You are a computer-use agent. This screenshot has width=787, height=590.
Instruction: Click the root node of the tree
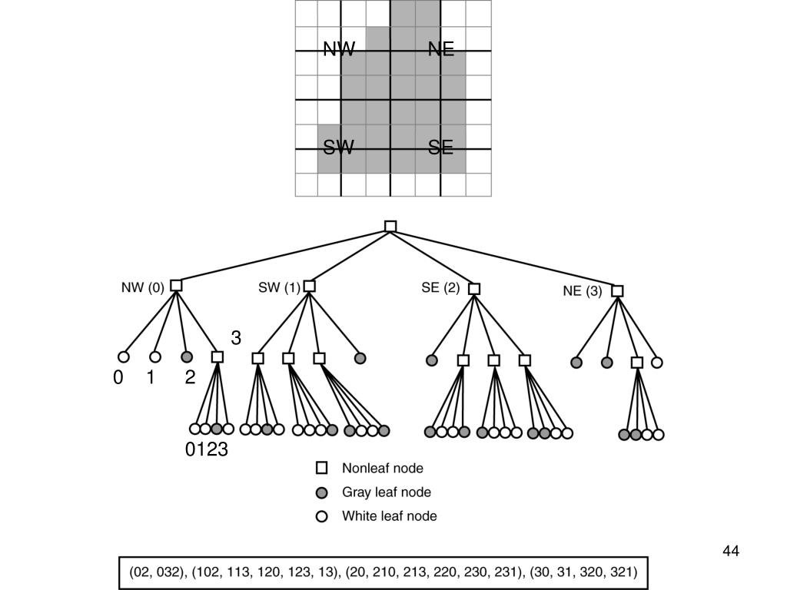(390, 227)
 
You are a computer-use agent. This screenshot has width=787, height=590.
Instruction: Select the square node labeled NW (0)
(176, 286)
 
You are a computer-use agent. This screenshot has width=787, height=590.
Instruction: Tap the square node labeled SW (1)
(309, 287)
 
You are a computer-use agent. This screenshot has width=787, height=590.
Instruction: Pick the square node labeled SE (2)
(474, 289)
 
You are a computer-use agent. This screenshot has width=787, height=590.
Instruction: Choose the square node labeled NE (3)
(617, 291)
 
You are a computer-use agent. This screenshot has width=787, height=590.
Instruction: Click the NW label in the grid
(339, 50)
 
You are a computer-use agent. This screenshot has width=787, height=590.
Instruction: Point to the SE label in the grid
(441, 147)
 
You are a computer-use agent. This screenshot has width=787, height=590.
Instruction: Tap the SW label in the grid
(339, 147)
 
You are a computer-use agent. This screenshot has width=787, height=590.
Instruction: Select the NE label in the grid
(441, 50)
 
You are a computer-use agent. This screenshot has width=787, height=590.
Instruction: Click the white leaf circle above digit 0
(123, 356)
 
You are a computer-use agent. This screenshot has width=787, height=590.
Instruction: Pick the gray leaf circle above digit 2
(186, 356)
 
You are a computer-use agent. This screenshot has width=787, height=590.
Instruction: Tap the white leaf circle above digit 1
(154, 356)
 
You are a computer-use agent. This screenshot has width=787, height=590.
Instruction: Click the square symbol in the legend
(322, 468)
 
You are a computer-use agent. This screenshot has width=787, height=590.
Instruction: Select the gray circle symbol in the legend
(322, 492)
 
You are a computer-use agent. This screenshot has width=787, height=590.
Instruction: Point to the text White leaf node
(389, 516)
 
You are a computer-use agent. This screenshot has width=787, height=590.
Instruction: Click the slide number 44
(730, 551)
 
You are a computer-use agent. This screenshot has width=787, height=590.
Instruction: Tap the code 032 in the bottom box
(171, 572)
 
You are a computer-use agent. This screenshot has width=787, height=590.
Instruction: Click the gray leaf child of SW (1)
(360, 358)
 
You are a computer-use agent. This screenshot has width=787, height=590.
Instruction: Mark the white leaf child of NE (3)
(656, 363)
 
